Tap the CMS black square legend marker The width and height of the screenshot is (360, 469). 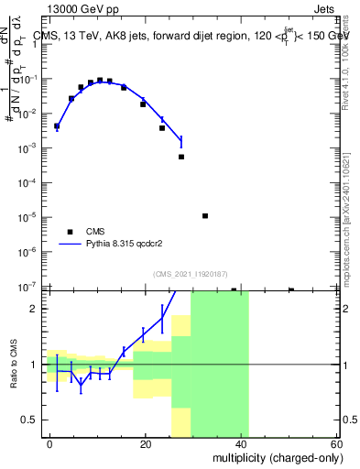pos(70,232)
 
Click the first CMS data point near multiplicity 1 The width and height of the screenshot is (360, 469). pos(57,126)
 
